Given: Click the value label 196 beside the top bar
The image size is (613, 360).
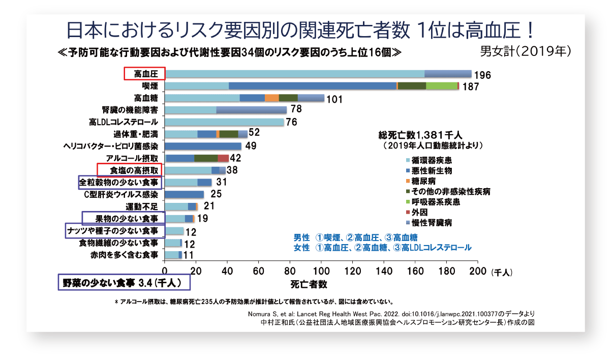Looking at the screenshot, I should click(482, 75).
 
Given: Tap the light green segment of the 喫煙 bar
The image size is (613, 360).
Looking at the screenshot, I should click(441, 86).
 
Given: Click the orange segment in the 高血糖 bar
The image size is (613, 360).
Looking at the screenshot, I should click(272, 98).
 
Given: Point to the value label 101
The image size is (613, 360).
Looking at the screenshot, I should click(334, 99).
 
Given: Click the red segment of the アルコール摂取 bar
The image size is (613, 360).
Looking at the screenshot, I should click(223, 158).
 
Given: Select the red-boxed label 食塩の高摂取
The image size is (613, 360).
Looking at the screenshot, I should click(129, 170).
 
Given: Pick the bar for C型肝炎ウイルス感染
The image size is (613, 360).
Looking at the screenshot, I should click(185, 194).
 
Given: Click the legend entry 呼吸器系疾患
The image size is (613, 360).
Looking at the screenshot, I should click(425, 202).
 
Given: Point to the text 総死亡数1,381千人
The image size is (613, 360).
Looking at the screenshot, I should click(419, 135).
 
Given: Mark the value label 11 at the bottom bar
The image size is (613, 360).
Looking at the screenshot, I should click(189, 255).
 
